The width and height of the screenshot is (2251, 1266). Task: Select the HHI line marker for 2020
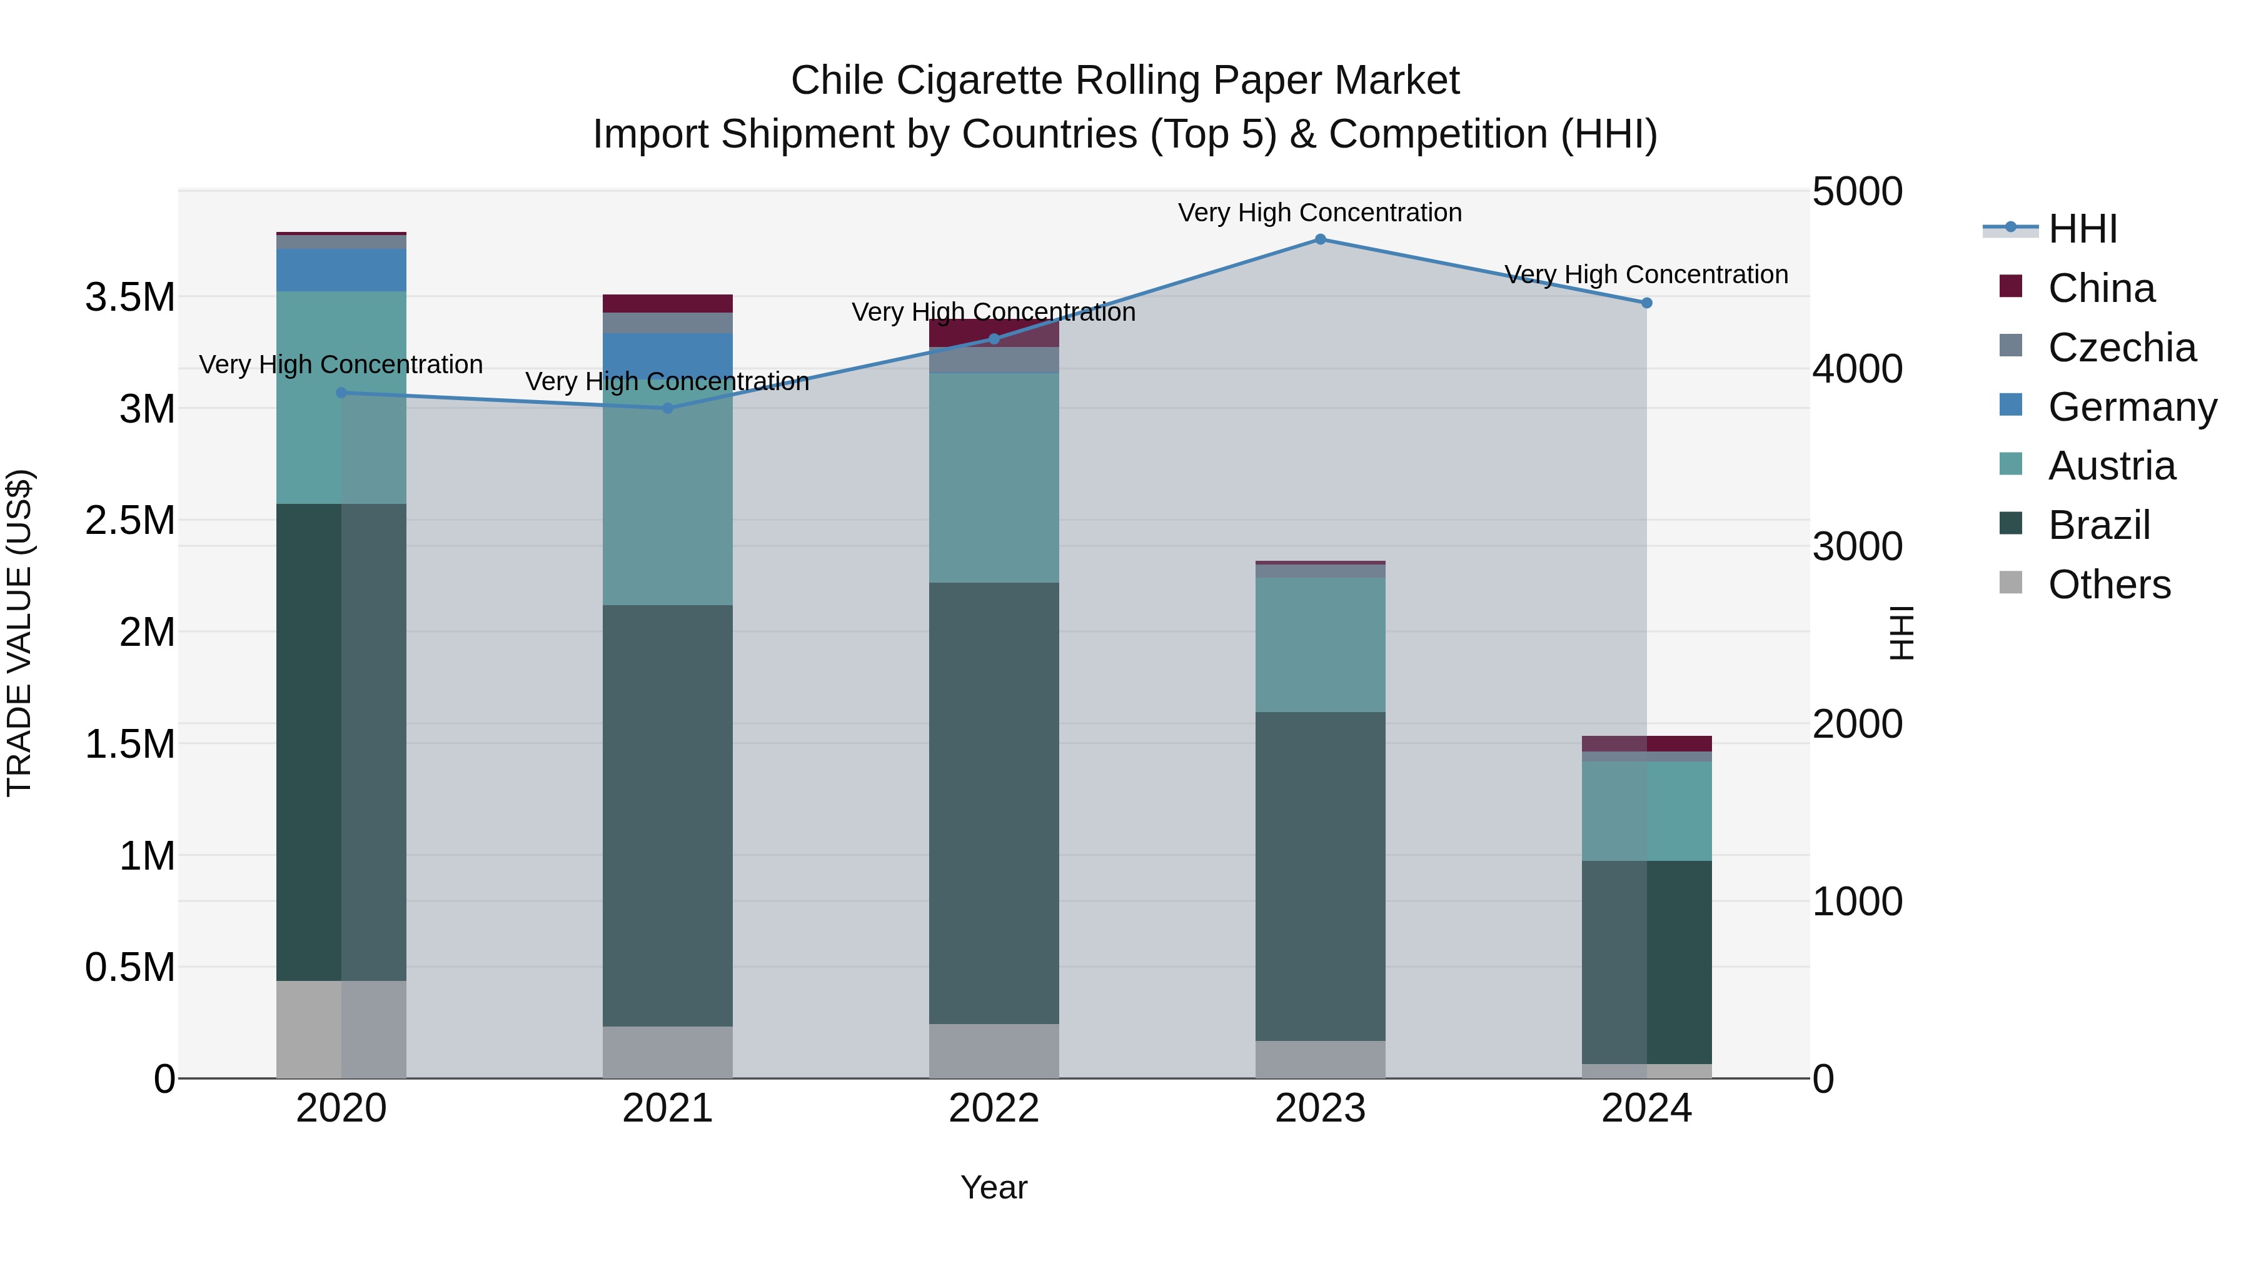pyautogui.click(x=341, y=393)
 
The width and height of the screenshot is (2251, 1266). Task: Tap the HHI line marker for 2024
pyautogui.click(x=1646, y=303)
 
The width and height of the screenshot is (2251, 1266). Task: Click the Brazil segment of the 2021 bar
pyautogui.click(x=668, y=815)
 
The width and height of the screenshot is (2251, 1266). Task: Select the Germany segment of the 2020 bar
pyautogui.click(x=341, y=270)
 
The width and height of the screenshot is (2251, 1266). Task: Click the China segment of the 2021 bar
pyautogui.click(x=668, y=303)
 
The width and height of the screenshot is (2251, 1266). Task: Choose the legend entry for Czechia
pyautogui.click(x=2121, y=348)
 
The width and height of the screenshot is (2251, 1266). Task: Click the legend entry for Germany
pyautogui.click(x=2132, y=407)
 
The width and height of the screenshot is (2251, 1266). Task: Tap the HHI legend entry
pyautogui.click(x=2082, y=229)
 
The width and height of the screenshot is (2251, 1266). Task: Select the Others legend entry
pyautogui.click(x=2108, y=585)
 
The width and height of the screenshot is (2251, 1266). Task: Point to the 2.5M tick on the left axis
pyautogui.click(x=130, y=521)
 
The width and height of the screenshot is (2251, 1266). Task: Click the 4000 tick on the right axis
pyautogui.click(x=1857, y=369)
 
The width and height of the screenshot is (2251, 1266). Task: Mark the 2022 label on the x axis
pyautogui.click(x=994, y=1108)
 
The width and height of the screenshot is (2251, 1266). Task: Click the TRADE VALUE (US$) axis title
pyautogui.click(x=19, y=633)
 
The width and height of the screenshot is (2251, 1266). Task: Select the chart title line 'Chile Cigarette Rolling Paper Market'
pyautogui.click(x=1125, y=81)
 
